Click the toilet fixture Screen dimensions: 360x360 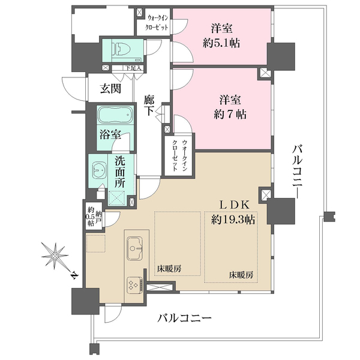tap(122, 50)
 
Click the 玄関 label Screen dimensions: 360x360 tap(110, 89)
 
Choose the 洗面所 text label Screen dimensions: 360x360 tap(120, 171)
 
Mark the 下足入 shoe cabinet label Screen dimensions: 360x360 tap(132, 68)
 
